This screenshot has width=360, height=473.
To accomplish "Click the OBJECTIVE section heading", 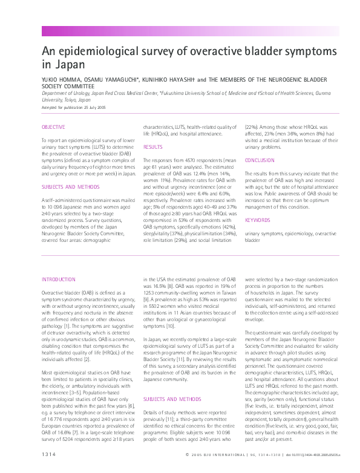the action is coord(53,127).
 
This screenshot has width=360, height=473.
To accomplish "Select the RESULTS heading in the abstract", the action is coord(152,147).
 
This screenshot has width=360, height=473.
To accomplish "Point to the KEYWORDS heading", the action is coord(257,220).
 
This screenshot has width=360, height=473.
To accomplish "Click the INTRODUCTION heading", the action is coord(57,279).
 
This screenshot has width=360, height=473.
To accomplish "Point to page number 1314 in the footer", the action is coord(50,454).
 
